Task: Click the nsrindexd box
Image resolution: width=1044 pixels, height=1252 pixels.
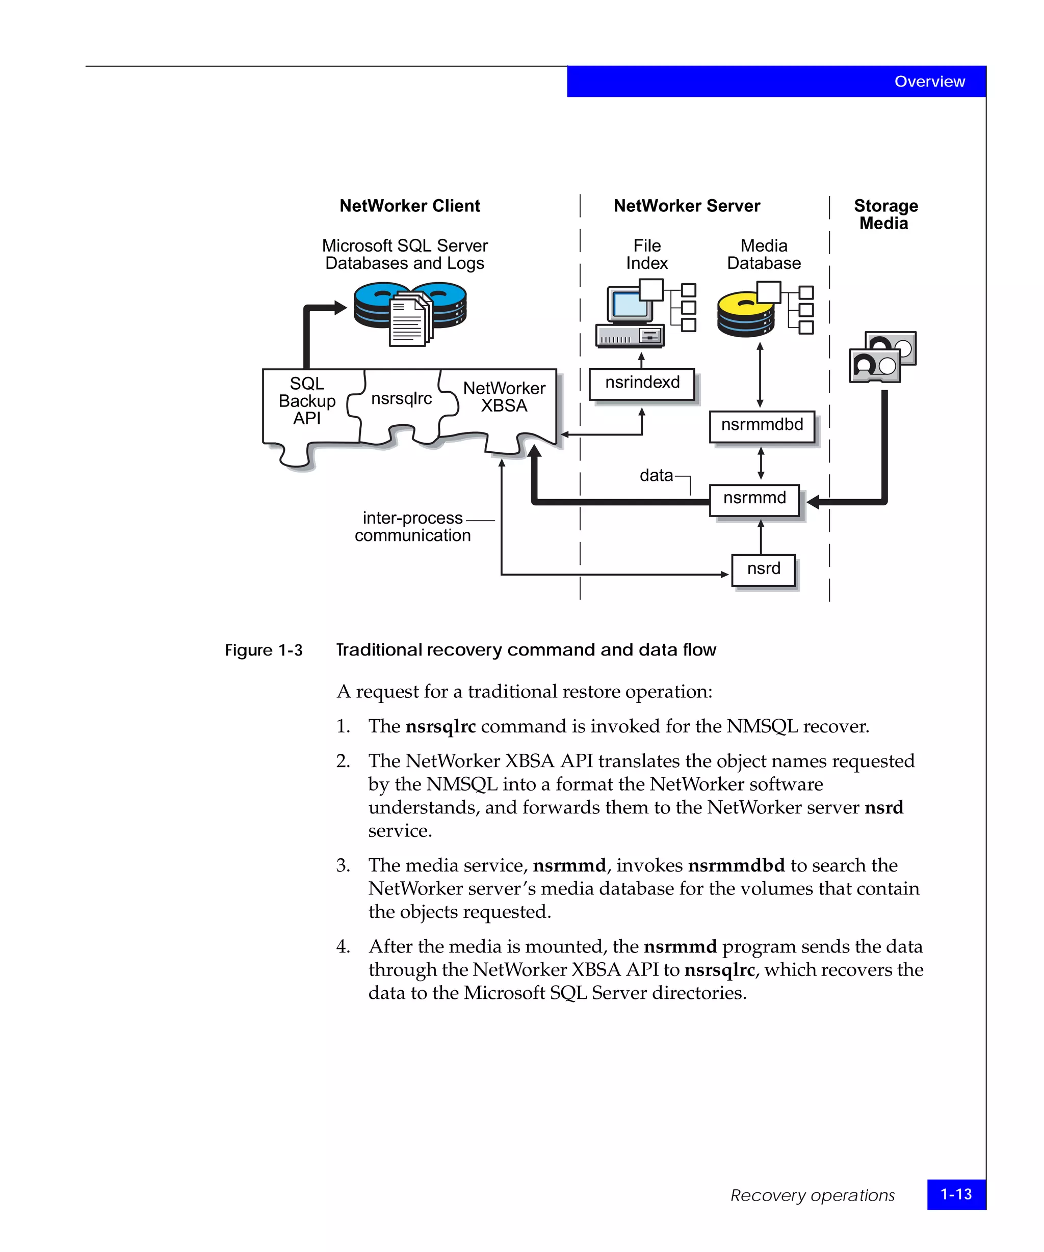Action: point(641,384)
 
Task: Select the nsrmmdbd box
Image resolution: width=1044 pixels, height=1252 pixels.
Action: point(762,426)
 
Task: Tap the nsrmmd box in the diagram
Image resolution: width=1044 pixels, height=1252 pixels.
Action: point(754,499)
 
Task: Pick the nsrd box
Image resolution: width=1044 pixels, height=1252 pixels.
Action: point(763,570)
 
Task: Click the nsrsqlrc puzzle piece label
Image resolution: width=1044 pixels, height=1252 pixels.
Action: point(402,398)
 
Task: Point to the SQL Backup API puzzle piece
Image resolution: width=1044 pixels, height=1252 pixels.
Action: point(307,401)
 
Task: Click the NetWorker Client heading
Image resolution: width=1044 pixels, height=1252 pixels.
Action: point(409,206)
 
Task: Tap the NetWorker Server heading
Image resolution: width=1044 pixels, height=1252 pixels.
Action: point(687,206)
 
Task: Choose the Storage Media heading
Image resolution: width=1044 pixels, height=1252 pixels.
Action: point(885,214)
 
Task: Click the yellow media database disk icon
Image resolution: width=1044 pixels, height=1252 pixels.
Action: point(746,315)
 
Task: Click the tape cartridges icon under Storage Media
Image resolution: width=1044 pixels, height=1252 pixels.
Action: point(882,357)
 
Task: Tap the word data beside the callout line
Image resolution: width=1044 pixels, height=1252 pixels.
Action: point(656,475)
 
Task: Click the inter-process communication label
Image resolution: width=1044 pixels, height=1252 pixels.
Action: point(412,527)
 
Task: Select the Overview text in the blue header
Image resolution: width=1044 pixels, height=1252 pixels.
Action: point(929,81)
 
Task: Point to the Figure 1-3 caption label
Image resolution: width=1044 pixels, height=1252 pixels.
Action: point(263,650)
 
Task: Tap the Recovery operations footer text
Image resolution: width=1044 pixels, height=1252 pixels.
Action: point(812,1195)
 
